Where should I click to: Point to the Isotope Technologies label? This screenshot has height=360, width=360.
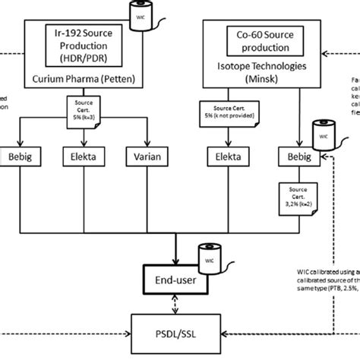point(261,67)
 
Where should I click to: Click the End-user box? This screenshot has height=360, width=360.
point(175,275)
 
